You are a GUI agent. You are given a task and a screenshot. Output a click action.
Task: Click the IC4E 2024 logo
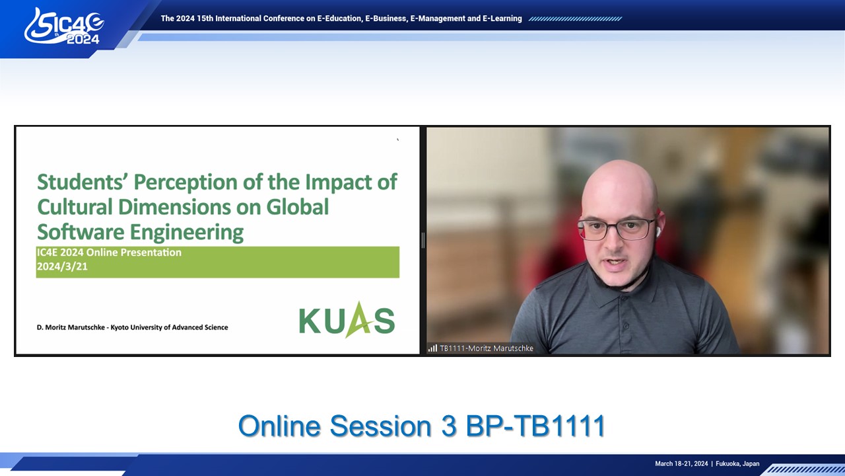tap(64, 26)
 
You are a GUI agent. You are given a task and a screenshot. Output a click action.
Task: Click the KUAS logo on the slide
tap(347, 319)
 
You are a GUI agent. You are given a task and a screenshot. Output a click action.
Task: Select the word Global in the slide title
tap(298, 207)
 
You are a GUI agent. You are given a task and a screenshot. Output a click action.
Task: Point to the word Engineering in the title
tap(187, 233)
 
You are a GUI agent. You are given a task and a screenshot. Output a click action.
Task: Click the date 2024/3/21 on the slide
tap(62, 266)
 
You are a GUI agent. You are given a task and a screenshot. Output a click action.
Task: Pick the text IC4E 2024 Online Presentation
tap(109, 253)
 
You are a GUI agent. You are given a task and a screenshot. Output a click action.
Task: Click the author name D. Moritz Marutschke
tap(71, 327)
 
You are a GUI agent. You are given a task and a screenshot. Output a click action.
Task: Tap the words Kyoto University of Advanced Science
tap(169, 327)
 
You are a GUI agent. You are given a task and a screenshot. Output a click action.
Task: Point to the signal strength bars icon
tap(432, 348)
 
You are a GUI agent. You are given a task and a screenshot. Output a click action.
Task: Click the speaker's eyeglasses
tap(616, 229)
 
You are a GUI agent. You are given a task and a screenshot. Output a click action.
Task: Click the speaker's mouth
tap(615, 262)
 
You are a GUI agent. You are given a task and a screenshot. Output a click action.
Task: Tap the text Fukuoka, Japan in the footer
tap(737, 463)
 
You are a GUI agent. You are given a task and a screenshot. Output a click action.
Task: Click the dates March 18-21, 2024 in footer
tap(681, 463)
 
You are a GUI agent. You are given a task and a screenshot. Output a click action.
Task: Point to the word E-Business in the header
tap(386, 19)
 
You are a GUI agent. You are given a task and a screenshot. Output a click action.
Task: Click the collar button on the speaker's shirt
tap(626, 326)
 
